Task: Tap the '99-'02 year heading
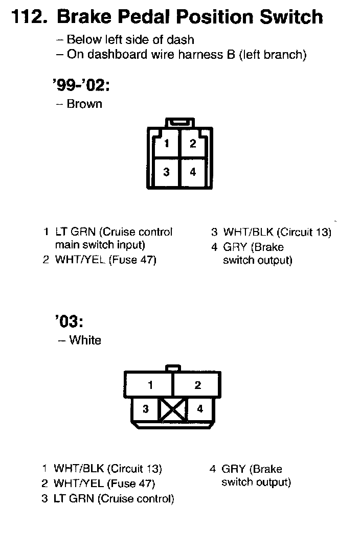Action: point(81,85)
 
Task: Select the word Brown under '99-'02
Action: point(84,104)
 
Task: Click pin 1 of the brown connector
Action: point(167,144)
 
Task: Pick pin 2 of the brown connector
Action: point(193,144)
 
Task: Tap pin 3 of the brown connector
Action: point(167,172)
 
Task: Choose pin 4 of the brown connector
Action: point(193,172)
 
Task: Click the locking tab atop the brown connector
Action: point(179,123)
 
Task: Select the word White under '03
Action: point(85,340)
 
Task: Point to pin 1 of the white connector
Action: point(150,385)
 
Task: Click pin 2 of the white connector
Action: point(198,385)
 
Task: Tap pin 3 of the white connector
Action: point(146,409)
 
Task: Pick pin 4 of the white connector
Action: point(200,409)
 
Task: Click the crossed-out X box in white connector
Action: point(173,410)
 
